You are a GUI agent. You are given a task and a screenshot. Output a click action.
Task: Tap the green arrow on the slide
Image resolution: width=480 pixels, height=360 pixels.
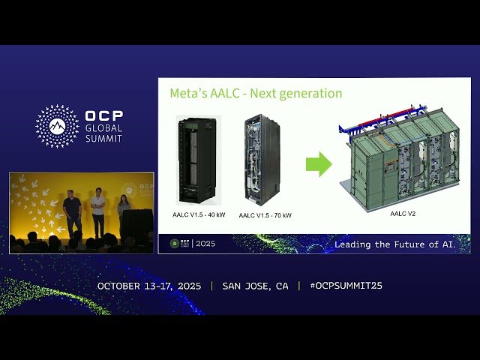319,164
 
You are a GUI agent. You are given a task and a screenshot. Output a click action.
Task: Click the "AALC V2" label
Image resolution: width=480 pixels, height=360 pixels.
403,213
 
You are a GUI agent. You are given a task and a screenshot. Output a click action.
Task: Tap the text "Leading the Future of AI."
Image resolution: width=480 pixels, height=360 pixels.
401,244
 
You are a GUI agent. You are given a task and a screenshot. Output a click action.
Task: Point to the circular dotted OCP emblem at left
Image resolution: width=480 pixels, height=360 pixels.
57,126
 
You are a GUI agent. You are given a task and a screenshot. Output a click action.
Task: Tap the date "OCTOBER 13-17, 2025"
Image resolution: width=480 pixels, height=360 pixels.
151,286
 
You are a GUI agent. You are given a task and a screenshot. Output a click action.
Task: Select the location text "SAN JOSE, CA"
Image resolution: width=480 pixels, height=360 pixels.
255,286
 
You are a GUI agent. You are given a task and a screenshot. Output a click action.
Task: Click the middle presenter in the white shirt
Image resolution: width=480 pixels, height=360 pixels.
97,212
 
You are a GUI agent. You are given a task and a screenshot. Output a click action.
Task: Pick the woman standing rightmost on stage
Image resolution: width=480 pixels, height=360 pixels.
124,211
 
